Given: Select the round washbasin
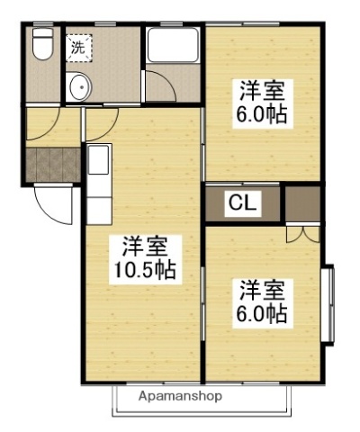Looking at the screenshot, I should point(79,88).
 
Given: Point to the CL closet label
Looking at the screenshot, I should point(239,203).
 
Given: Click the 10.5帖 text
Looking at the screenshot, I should point(143,269).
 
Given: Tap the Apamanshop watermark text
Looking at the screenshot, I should point(179,396).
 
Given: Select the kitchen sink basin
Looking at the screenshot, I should point(96,162).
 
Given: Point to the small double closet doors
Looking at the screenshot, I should point(302,233).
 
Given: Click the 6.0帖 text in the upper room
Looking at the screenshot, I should point(262,116).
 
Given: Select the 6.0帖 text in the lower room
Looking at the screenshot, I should point(262,315).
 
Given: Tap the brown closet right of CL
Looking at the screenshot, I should point(302,202).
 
